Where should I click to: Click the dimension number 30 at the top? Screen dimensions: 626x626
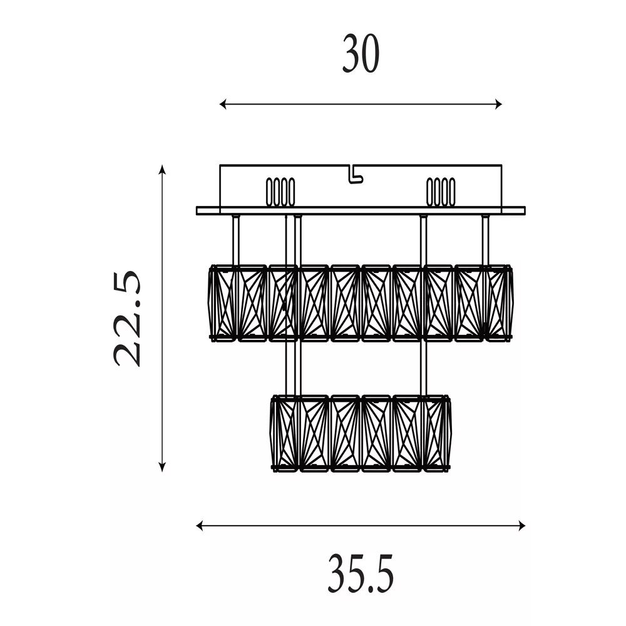click(361, 53)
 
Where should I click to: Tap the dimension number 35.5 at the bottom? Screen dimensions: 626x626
click(361, 573)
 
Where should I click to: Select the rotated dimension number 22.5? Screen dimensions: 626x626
click(128, 319)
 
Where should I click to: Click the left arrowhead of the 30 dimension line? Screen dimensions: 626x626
click(223, 104)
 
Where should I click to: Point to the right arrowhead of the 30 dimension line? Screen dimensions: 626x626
click(499, 104)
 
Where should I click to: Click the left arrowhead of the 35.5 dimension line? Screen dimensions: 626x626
click(200, 526)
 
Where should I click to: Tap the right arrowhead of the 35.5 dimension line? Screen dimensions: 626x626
click(522, 526)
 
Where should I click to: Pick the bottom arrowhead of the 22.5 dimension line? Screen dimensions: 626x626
click(162, 467)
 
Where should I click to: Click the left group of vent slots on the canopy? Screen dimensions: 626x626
click(280, 192)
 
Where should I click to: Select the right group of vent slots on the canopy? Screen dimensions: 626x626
click(440, 192)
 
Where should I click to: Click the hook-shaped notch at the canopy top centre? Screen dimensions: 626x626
click(356, 175)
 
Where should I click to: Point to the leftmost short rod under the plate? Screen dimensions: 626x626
click(235, 240)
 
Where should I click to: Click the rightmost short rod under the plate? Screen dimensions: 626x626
click(485, 240)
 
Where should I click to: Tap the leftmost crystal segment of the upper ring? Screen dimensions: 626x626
click(223, 302)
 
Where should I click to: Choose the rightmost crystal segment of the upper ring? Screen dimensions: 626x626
click(499, 302)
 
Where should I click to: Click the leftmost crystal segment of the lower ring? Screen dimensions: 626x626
click(284, 433)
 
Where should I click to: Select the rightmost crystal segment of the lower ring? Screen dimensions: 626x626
click(438, 433)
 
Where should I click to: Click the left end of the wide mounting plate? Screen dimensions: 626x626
click(197, 211)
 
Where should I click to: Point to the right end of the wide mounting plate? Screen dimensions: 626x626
click(525, 211)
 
